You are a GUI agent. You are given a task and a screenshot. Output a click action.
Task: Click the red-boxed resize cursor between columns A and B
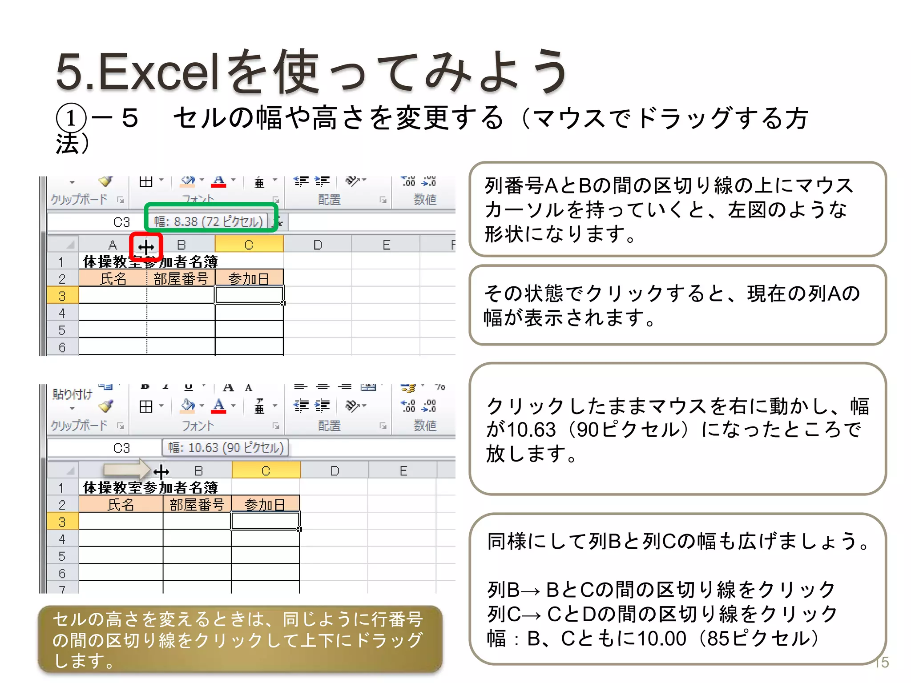tap(146, 247)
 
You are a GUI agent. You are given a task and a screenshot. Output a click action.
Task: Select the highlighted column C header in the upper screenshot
tap(249, 245)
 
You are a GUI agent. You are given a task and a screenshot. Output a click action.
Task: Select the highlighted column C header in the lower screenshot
tap(266, 470)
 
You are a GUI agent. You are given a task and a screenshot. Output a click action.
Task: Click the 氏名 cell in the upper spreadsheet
tap(113, 279)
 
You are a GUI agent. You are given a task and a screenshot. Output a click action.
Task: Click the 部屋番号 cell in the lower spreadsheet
tap(197, 505)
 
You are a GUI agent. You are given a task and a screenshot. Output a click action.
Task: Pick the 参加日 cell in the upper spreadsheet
tap(249, 279)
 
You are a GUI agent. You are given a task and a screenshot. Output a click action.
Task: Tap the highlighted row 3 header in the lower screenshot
tap(62, 522)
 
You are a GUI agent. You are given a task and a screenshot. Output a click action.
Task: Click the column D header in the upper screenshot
tap(318, 245)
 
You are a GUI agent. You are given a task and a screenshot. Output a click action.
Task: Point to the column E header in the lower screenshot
tap(403, 470)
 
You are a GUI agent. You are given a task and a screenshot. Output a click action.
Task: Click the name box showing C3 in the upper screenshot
tap(121, 222)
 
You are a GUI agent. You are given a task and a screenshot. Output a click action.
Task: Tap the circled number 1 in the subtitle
tap(71, 118)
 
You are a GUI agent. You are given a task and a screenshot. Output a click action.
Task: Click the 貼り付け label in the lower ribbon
tap(72, 394)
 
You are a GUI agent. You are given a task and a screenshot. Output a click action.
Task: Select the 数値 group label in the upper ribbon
tap(425, 200)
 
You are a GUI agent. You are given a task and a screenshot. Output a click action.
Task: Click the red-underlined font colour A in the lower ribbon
tap(218, 406)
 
